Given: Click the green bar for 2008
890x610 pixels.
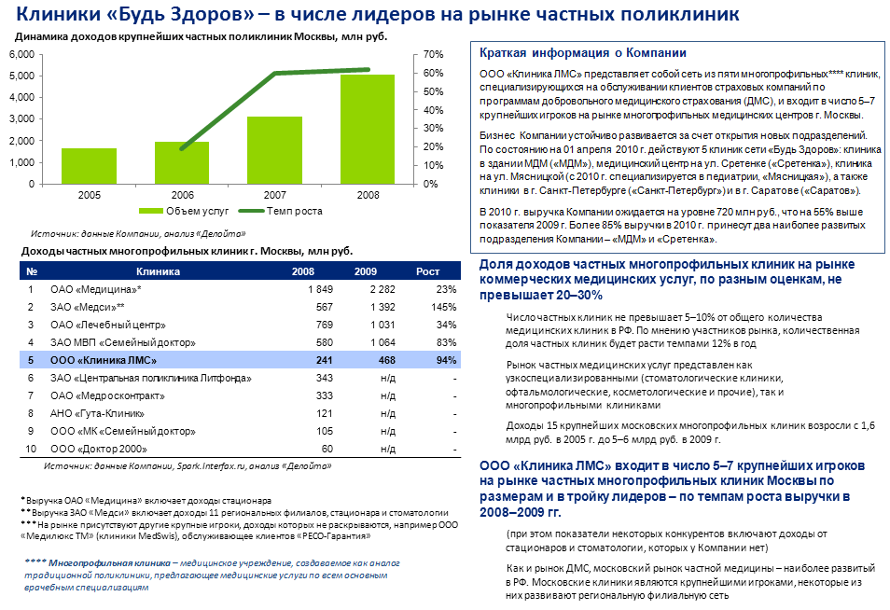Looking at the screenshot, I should point(367,129).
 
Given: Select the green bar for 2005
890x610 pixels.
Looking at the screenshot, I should point(90,165).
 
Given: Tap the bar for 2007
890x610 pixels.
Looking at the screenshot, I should point(274,149).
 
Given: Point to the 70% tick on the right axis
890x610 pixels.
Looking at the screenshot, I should point(432,54).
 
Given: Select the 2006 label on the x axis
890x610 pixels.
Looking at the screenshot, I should point(182,196).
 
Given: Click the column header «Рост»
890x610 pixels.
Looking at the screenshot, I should point(427,271).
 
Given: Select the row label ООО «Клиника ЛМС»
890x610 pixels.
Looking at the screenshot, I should point(104,360).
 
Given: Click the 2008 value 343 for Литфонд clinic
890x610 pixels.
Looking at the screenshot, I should point(325,378).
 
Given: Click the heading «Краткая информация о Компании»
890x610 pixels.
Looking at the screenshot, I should point(582,53).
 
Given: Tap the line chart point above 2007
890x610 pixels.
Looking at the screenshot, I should point(274,73).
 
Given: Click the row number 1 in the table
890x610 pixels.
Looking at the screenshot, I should point(31,289).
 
